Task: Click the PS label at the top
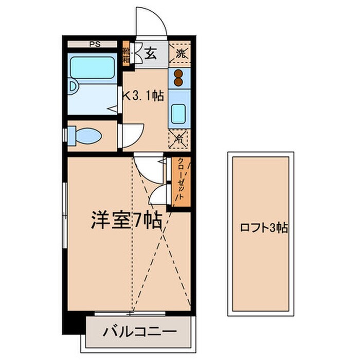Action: [95, 44]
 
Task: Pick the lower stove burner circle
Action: [179, 82]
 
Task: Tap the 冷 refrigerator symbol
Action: [179, 137]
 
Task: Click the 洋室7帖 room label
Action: [126, 220]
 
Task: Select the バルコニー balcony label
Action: [140, 330]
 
